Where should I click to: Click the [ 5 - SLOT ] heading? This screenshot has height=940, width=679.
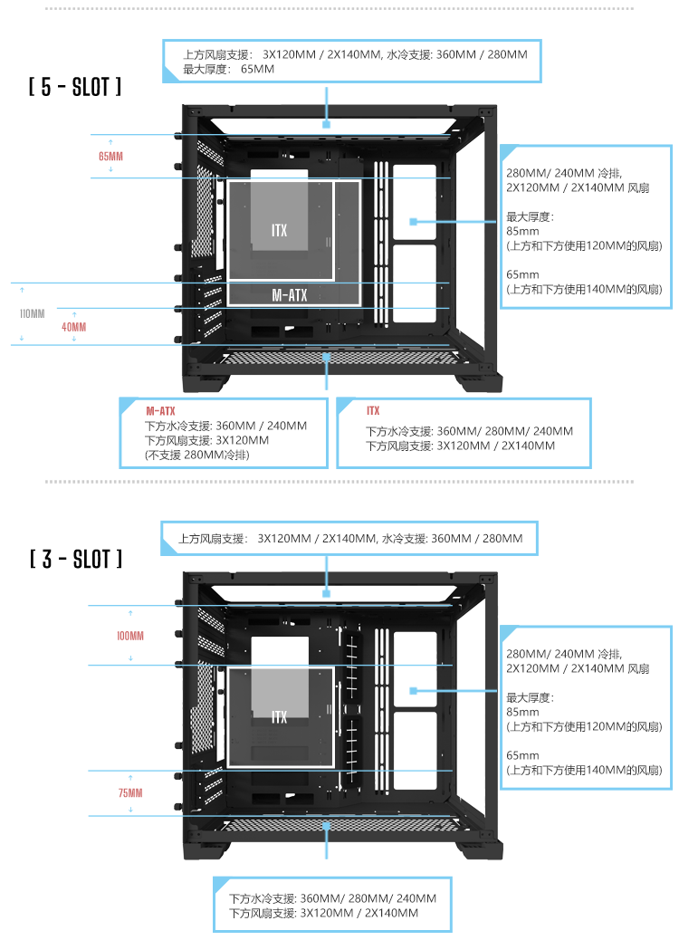[75, 88]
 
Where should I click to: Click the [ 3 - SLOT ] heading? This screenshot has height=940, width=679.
[75, 559]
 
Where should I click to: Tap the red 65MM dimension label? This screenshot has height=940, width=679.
[110, 157]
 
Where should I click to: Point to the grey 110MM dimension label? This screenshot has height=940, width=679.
[33, 314]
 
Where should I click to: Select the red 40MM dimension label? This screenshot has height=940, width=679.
[74, 327]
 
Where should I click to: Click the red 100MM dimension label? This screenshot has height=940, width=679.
[130, 637]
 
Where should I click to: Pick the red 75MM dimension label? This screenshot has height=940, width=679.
[130, 793]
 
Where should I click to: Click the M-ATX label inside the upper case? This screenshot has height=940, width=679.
[290, 295]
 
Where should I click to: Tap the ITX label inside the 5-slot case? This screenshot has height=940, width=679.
[279, 231]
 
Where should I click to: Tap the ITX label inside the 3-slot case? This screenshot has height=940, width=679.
[279, 717]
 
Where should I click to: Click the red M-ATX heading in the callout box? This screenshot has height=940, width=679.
[160, 411]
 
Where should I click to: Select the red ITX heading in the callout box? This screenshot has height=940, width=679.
[373, 411]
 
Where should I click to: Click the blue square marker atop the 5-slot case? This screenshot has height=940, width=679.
[326, 124]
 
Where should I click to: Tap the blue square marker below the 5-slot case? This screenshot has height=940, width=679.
[326, 357]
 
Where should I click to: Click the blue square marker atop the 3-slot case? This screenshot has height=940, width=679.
[326, 593]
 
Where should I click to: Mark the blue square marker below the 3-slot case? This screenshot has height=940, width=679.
[326, 825]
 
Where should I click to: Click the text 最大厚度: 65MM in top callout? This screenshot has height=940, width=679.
[228, 69]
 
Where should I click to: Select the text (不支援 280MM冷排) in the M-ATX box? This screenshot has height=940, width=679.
[197, 455]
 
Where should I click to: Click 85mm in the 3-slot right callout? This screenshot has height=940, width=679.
[522, 712]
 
